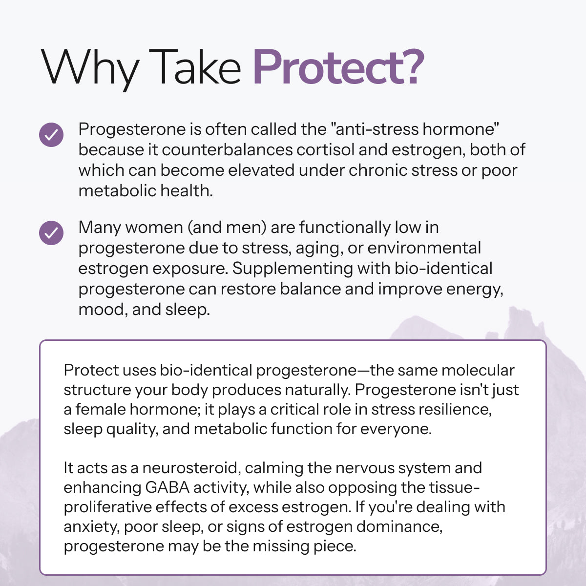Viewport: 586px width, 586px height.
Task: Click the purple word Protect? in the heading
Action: pyautogui.click(x=338, y=67)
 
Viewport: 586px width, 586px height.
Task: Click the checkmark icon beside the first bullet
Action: pyautogui.click(x=51, y=135)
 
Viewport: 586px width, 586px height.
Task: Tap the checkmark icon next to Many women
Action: pyautogui.click(x=51, y=233)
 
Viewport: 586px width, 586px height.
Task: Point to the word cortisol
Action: pyautogui.click(x=325, y=149)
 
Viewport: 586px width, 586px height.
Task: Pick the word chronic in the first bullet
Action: pyautogui.click(x=378, y=170)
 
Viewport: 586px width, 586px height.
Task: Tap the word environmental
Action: pyautogui.click(x=424, y=248)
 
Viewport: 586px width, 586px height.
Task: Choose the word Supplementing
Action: pyautogui.click(x=293, y=269)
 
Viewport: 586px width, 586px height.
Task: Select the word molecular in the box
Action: pyautogui.click(x=478, y=370)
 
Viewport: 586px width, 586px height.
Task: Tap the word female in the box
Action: pyautogui.click(x=101, y=409)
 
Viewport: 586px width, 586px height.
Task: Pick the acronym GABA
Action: pyautogui.click(x=167, y=487)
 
